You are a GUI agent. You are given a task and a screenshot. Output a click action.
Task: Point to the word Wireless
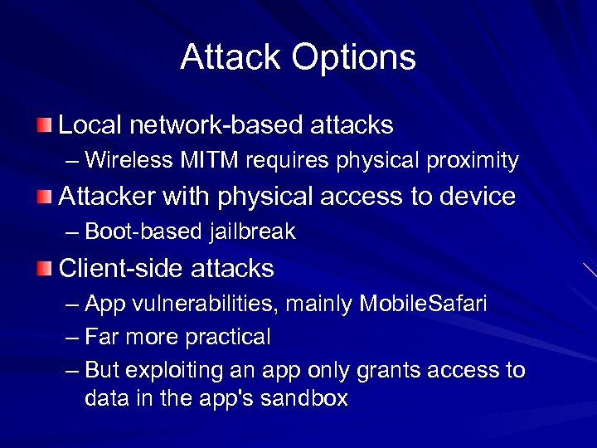point(125,160)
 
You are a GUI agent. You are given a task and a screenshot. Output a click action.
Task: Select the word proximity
point(473,161)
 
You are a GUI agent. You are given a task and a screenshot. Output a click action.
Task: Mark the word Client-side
point(123,269)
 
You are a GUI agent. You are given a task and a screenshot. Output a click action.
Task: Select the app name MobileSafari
point(424,304)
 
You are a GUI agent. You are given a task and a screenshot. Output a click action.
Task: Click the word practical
point(228,338)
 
